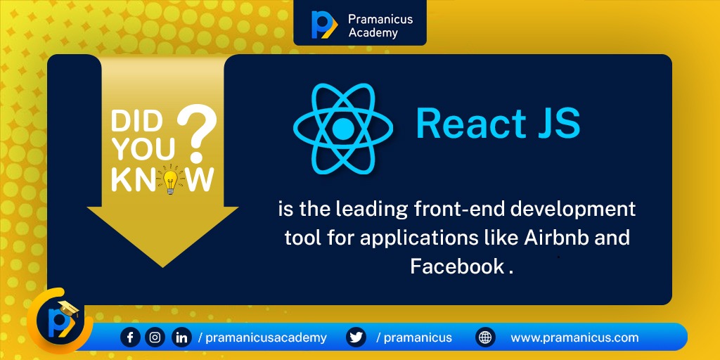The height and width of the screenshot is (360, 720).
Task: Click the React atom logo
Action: (342, 129)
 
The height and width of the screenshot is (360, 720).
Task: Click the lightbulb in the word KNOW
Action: (169, 181)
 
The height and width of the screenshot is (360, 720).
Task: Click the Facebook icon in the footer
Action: (130, 337)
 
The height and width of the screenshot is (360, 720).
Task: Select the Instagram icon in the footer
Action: (155, 337)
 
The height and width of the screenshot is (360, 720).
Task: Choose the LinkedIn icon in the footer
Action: (181, 337)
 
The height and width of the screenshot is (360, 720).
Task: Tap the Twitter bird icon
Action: (356, 337)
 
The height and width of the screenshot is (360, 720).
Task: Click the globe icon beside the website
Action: (485, 337)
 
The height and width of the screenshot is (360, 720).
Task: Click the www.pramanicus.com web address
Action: (574, 337)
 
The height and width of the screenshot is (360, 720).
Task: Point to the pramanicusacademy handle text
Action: (266, 337)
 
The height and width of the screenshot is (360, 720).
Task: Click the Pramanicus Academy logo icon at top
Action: (323, 25)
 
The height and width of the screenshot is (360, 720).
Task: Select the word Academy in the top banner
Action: (373, 32)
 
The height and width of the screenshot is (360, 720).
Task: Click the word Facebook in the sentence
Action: (457, 266)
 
